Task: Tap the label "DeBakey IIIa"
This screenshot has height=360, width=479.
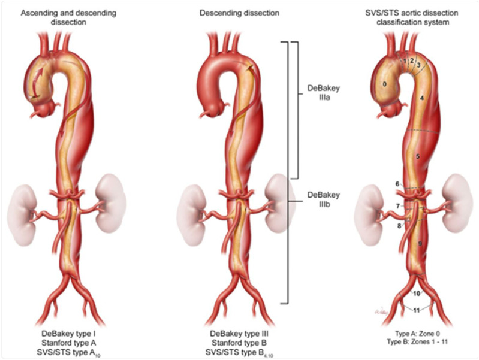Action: [323, 92]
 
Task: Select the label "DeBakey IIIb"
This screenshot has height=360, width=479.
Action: [323, 199]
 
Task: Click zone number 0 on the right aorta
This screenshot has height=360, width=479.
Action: [384, 84]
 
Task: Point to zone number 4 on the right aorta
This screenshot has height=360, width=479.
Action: [422, 97]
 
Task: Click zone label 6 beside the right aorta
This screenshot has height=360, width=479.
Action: [397, 184]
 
